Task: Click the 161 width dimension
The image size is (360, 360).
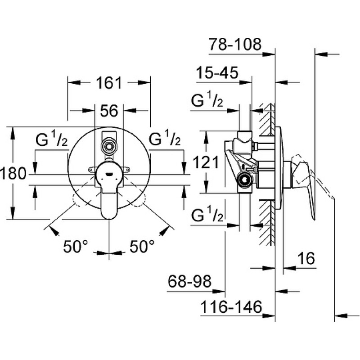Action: coord(109,83)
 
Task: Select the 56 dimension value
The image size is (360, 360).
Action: coord(109,111)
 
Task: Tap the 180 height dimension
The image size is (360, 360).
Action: coord(13,173)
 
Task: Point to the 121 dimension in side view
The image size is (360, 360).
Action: coord(206,162)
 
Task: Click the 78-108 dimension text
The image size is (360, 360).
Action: coord(235,44)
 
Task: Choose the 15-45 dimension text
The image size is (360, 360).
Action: coord(217,72)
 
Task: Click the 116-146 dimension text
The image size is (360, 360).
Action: coord(231,307)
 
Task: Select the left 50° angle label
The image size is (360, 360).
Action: coord(76,246)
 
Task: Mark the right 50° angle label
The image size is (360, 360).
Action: coord(142,246)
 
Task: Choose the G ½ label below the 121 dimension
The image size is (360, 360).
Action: coord(207,214)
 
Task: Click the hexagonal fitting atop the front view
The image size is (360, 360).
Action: coord(109,145)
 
